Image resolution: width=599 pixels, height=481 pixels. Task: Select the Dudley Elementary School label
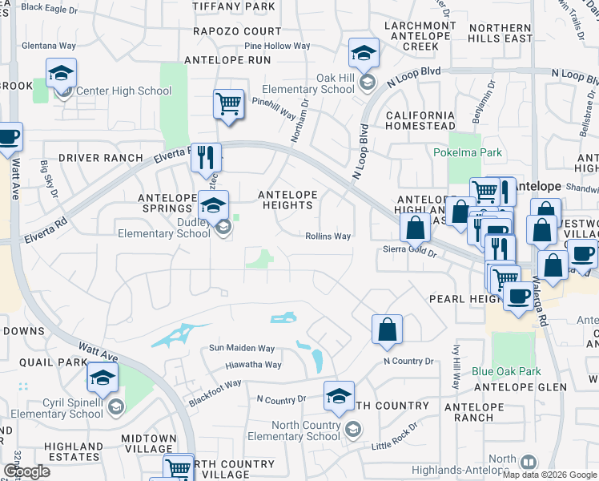(163, 228)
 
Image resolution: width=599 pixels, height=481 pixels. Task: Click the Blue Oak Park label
(506, 371)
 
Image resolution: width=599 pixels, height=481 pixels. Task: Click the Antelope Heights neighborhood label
(287, 200)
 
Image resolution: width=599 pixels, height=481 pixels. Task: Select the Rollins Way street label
(328, 236)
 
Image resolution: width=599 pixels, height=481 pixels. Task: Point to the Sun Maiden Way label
(242, 349)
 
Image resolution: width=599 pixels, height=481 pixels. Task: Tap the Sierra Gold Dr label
(408, 252)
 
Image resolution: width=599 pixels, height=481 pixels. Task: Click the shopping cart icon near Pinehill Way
(228, 103)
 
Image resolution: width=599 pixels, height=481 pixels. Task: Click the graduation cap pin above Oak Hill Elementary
(364, 53)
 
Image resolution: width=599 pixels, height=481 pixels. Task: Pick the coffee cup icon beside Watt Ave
(9, 136)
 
